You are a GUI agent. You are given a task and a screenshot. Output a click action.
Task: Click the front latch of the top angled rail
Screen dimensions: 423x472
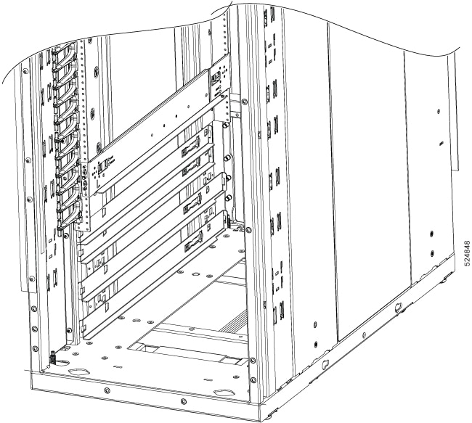tap(100, 168)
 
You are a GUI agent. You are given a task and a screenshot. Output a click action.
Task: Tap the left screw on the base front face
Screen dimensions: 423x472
tap(107, 392)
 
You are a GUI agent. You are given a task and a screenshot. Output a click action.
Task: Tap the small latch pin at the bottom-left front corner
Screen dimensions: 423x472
tap(53, 356)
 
